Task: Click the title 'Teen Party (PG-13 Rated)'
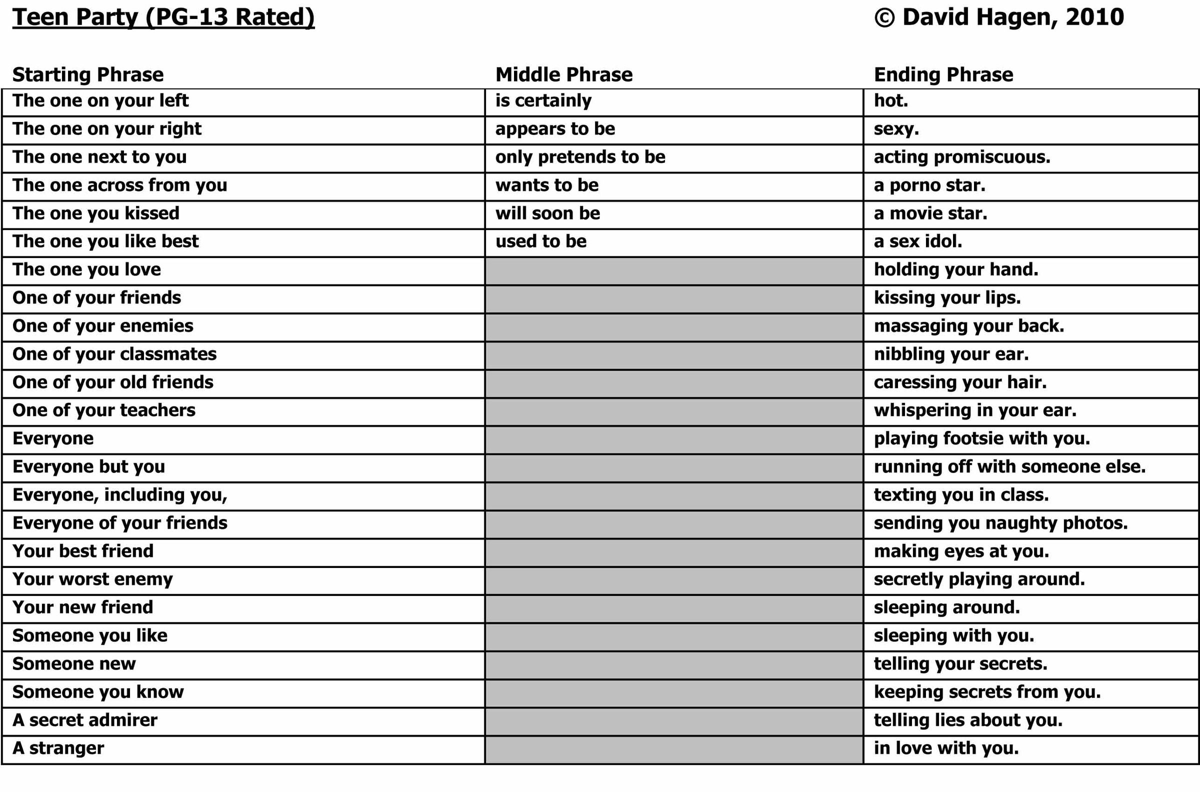pyautogui.click(x=163, y=17)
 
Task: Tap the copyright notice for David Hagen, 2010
pyautogui.click(x=998, y=17)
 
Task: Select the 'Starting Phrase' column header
pyautogui.click(x=88, y=75)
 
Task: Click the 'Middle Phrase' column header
pyautogui.click(x=563, y=75)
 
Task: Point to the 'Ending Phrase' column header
pyautogui.click(x=943, y=75)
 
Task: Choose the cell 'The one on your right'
pyautogui.click(x=106, y=129)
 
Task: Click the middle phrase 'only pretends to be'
pyautogui.click(x=580, y=157)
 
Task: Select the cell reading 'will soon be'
pyautogui.click(x=547, y=213)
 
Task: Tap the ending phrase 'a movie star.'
pyautogui.click(x=930, y=213)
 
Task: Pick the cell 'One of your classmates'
pyautogui.click(x=114, y=354)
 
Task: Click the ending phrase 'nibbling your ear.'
pyautogui.click(x=951, y=354)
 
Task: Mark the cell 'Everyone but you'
pyautogui.click(x=88, y=467)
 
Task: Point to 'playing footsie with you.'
pyautogui.click(x=982, y=439)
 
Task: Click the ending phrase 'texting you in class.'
pyautogui.click(x=961, y=495)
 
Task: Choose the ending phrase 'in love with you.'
pyautogui.click(x=946, y=748)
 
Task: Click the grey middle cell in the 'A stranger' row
pyautogui.click(x=673, y=749)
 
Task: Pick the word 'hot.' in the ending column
pyautogui.click(x=891, y=101)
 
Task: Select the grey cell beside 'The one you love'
pyautogui.click(x=673, y=270)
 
